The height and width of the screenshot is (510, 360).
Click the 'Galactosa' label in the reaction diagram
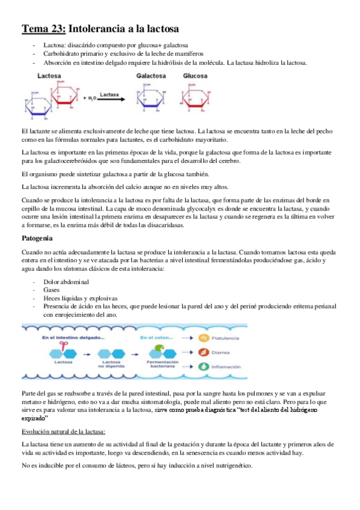click(x=150, y=76)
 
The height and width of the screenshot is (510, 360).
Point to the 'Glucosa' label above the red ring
click(x=195, y=76)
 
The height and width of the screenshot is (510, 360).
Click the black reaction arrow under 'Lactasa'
click(x=112, y=99)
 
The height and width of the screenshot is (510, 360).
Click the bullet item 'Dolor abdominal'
click(x=66, y=281)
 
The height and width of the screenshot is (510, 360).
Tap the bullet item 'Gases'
click(x=52, y=290)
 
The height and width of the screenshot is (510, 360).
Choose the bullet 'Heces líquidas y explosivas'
click(x=80, y=298)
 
